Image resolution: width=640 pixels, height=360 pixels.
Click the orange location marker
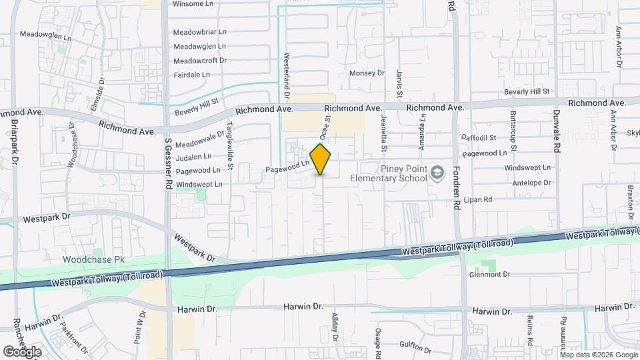coord(321,159)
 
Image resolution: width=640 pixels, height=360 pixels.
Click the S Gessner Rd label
coord(169,161)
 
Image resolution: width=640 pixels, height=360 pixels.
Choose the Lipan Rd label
coord(477,199)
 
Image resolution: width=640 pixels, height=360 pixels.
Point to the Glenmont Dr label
coord(489,274)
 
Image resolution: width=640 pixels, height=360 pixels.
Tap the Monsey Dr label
coord(367,73)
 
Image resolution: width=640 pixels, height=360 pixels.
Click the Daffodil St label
coord(479,138)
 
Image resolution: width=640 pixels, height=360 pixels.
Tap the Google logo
coord(22,351)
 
